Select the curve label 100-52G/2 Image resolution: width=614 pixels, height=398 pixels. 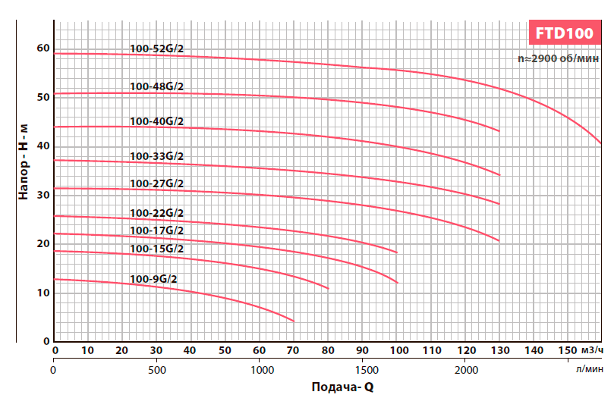[x=157, y=49]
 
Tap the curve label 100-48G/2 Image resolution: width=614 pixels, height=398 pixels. [x=157, y=86]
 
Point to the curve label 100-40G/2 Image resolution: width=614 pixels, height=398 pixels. [x=157, y=121]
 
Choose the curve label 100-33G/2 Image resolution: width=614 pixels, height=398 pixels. [x=157, y=156]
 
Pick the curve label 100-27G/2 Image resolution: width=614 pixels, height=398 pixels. [x=157, y=183]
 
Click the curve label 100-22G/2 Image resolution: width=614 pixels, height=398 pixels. [x=157, y=213]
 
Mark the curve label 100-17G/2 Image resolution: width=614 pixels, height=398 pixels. [x=157, y=230]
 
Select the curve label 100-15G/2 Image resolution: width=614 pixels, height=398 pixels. [x=157, y=249]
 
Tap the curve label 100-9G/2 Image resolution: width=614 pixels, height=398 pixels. [x=154, y=279]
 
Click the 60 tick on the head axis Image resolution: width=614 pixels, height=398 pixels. [x=43, y=49]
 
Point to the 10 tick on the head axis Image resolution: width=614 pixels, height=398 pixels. [x=43, y=293]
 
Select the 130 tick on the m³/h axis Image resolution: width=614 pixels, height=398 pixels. [x=499, y=351]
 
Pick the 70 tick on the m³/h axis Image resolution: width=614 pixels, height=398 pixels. [x=294, y=351]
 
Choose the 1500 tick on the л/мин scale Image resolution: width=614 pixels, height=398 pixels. [x=366, y=370]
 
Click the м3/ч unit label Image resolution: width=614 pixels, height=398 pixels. [x=592, y=350]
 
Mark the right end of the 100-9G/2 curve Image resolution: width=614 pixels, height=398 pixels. [x=294, y=321]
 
